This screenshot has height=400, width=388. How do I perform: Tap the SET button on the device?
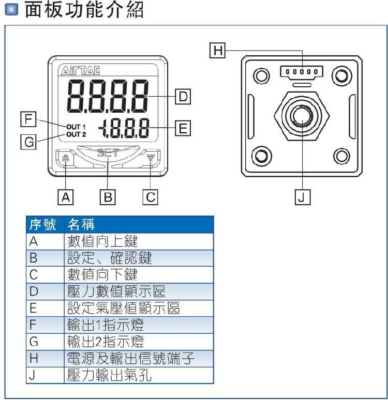[x=108, y=153]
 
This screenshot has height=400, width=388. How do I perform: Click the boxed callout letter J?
[x=302, y=197]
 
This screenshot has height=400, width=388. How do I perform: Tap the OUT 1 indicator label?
[x=76, y=127]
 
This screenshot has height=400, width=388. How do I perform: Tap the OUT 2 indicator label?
[x=76, y=135]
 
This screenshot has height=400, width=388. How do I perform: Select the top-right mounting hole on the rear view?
[x=341, y=75]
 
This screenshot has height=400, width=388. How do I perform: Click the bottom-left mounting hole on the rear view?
[x=261, y=155]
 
